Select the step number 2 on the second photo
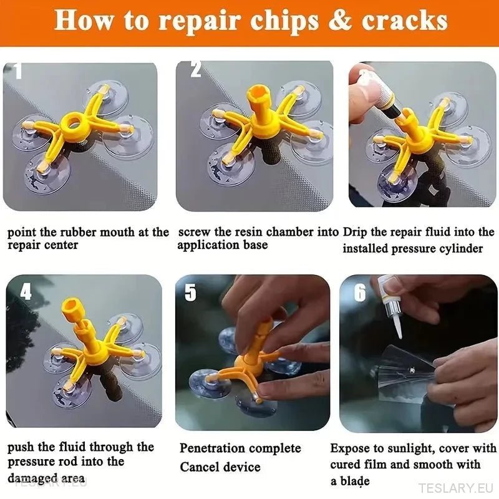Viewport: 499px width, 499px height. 195,69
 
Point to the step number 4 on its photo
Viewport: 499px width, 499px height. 26,291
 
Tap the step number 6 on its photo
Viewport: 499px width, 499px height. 360,292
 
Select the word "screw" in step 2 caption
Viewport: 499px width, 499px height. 195,232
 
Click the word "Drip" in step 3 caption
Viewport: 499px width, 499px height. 356,232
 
